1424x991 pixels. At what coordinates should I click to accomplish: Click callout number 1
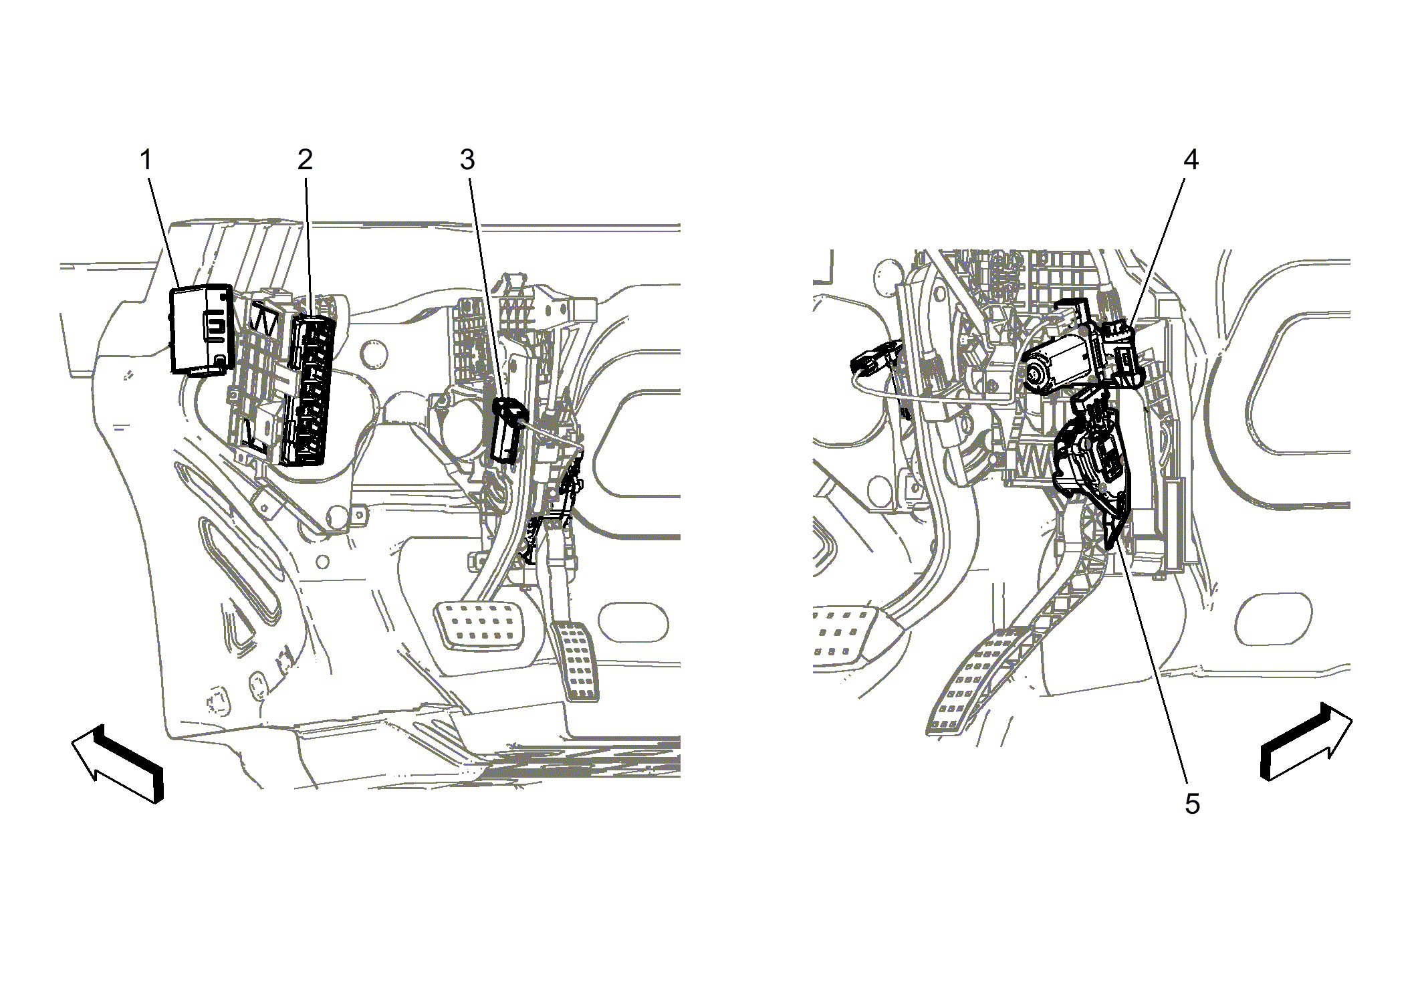pyautogui.click(x=146, y=160)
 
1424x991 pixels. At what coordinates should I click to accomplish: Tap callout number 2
pyautogui.click(x=305, y=160)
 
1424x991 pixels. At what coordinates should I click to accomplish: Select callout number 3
pyautogui.click(x=467, y=160)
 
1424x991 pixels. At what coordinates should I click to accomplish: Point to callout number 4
pyautogui.click(x=1191, y=160)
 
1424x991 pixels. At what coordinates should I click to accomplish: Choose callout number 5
pyautogui.click(x=1192, y=804)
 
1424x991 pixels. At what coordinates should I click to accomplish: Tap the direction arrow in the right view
pyautogui.click(x=1306, y=741)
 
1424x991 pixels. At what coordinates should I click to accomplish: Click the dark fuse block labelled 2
pyautogui.click(x=311, y=390)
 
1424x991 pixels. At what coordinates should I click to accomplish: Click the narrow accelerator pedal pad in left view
pyautogui.click(x=574, y=661)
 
